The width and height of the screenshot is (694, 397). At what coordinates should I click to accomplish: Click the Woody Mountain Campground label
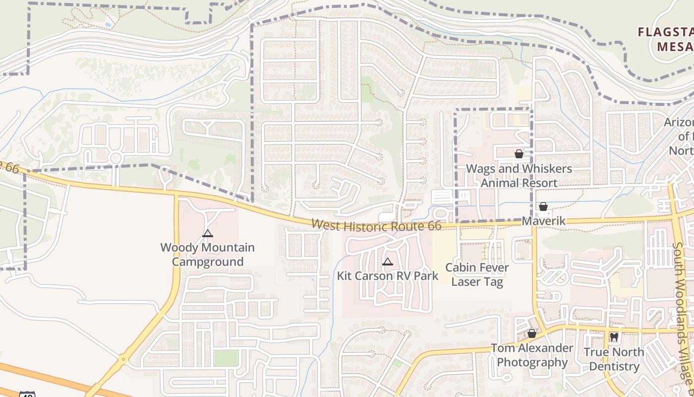tap(207, 255)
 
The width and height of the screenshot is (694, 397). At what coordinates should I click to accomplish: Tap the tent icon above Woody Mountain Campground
tap(208, 233)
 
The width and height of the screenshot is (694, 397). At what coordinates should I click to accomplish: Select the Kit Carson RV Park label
tap(388, 276)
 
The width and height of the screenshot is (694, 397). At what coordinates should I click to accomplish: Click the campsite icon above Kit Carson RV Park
tap(388, 262)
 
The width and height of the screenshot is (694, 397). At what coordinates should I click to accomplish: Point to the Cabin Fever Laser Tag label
tap(477, 275)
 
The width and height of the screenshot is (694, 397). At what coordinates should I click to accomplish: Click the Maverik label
tap(544, 221)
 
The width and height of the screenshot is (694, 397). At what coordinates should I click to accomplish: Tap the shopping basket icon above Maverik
tap(543, 206)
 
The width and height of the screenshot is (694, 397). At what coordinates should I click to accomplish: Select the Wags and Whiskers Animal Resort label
tap(519, 176)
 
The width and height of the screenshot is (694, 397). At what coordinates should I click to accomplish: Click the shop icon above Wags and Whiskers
tap(519, 154)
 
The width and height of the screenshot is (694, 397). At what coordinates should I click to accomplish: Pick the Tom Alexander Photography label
tap(532, 355)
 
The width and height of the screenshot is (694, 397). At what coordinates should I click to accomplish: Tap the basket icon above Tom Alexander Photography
tap(532, 333)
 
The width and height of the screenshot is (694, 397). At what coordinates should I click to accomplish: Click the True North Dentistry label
tap(614, 359)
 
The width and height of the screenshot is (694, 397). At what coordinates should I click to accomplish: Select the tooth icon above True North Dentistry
tap(614, 337)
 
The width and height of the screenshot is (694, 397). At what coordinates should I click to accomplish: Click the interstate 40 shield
tap(27, 394)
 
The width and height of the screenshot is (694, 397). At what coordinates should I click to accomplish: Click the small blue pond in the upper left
tap(108, 24)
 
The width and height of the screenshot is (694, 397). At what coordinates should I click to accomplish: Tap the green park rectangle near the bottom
tap(227, 358)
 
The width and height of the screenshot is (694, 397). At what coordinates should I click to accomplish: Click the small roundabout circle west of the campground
tap(116, 158)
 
